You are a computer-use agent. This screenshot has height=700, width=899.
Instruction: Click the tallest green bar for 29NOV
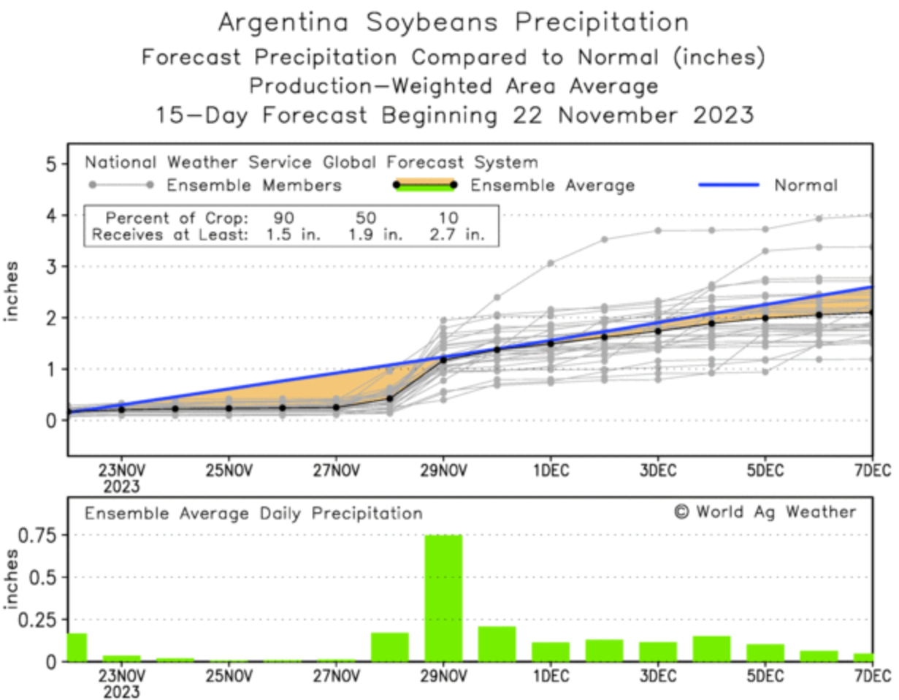point(443,598)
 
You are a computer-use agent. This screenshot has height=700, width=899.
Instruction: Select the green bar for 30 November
point(497,644)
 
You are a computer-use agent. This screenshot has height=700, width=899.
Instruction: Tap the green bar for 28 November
point(389,647)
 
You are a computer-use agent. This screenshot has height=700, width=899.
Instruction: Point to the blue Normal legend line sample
point(730,186)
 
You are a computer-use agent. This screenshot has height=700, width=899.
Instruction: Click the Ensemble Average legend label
point(552,186)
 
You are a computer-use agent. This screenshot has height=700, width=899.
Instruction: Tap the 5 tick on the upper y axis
point(51,164)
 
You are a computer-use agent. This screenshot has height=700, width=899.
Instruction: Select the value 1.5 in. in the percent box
point(281,235)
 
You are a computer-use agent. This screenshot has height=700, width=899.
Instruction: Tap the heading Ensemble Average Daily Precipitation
point(253,514)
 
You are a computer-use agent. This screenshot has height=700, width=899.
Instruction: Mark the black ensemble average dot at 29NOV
point(443,359)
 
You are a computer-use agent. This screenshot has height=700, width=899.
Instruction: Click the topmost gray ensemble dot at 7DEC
point(872,215)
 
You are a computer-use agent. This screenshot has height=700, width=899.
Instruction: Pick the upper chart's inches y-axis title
point(12,292)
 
